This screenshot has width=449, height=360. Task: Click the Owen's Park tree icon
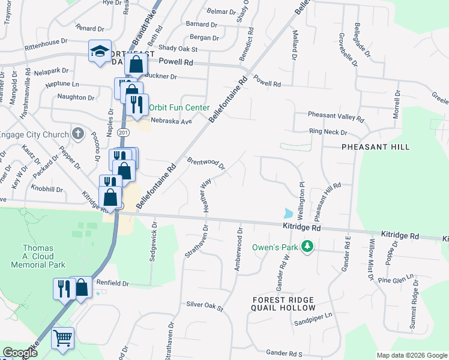tap(307, 247)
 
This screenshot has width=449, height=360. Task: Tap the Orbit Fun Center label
tap(179, 108)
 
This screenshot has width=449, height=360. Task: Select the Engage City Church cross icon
tap(77, 133)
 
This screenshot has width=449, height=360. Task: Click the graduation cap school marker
tap(100, 51)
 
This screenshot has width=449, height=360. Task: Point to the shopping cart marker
tap(62, 338)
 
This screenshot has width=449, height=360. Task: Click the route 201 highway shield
tap(122, 132)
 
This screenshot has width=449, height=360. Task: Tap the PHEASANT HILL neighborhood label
tap(375, 147)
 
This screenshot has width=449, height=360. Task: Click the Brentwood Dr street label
tap(206, 163)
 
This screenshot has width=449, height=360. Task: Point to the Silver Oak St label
tap(204, 306)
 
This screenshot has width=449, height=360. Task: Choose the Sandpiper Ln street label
tap(313, 322)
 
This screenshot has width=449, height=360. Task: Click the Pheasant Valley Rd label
tap(336, 116)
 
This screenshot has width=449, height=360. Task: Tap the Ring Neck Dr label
tap(328, 132)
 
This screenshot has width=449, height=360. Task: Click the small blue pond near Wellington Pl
tap(289, 213)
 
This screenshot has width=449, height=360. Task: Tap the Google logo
tap(20, 353)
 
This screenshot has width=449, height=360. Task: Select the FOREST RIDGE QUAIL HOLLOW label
tap(283, 304)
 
